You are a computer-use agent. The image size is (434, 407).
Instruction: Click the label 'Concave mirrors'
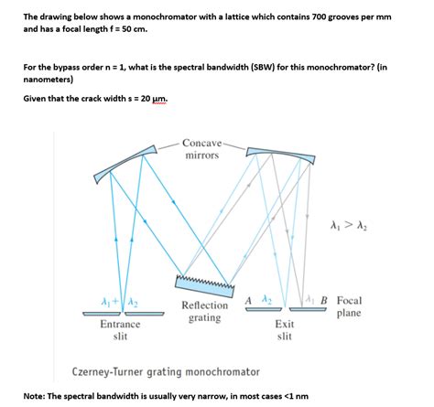[x=201, y=149]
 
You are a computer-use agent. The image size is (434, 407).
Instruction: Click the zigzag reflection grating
[x=206, y=284]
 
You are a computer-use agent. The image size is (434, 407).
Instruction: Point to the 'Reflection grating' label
[x=205, y=312]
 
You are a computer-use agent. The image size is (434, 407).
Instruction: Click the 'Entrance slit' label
[x=120, y=329]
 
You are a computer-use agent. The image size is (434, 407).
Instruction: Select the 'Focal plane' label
[x=349, y=306]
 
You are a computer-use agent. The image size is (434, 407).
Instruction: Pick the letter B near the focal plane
[x=324, y=300]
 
